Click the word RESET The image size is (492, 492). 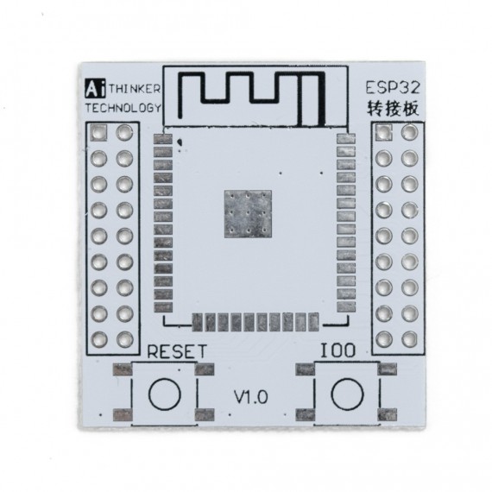pyautogui.click(x=177, y=351)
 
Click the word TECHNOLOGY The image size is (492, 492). pyautogui.click(x=123, y=108)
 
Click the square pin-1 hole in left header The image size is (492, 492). pyautogui.click(x=99, y=133)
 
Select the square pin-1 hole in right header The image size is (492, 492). pyautogui.click(x=384, y=133)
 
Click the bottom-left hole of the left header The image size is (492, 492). pyautogui.click(x=99, y=338)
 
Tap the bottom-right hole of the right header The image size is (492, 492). pyautogui.click(x=409, y=337)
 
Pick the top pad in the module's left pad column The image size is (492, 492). pyautogui.click(x=162, y=138)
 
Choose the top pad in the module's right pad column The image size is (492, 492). pyautogui.click(x=344, y=138)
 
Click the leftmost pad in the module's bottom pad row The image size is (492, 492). pyautogui.click(x=198, y=322)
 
